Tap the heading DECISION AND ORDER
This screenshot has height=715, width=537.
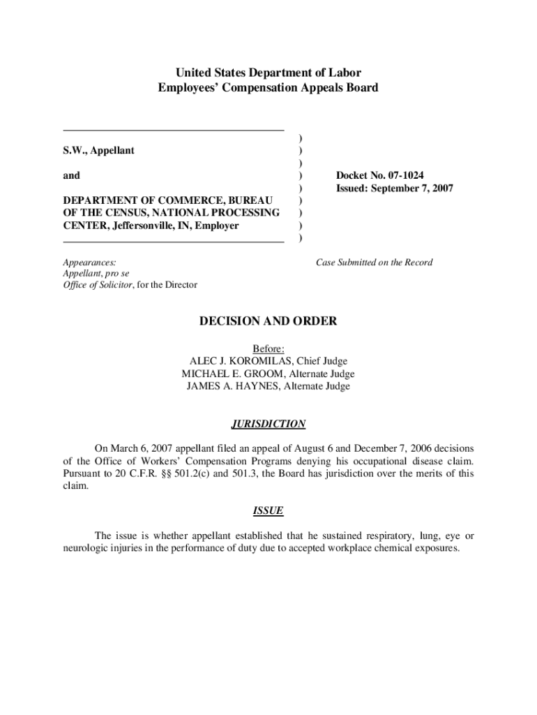[x=268, y=321]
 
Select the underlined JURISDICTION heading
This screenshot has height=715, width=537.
[x=268, y=424]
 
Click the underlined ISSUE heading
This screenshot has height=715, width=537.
[x=268, y=510]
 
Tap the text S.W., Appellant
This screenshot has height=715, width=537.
[x=99, y=151]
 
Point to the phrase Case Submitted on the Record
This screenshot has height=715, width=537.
[x=374, y=263]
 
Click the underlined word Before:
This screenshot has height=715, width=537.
[x=268, y=348]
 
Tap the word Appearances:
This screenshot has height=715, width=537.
[x=89, y=263]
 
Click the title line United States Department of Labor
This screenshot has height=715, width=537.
[x=268, y=73]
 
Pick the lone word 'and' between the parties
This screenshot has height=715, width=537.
[x=71, y=176]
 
